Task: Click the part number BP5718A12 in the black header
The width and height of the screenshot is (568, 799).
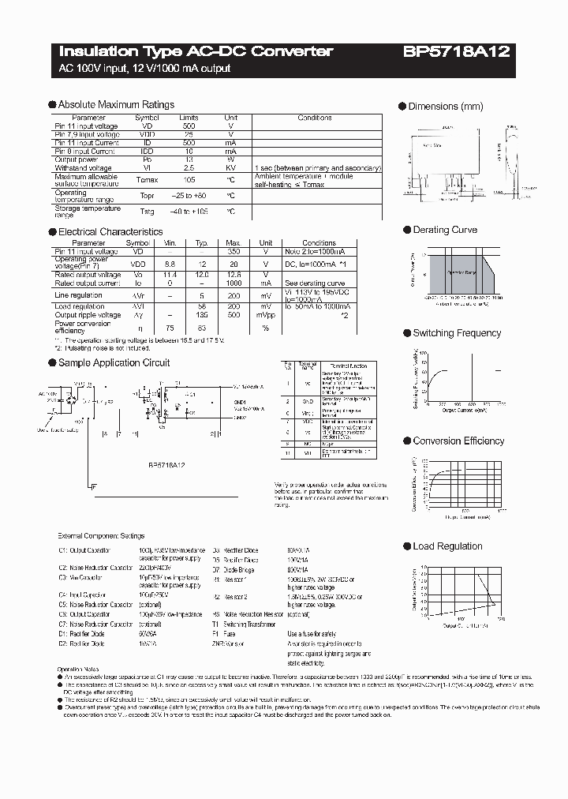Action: pyautogui.click(x=457, y=52)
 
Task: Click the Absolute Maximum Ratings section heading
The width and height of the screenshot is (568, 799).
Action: pyautogui.click(x=116, y=104)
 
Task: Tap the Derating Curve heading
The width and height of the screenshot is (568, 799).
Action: pyautogui.click(x=445, y=230)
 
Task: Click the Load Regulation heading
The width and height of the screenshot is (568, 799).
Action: pyautogui.click(x=447, y=546)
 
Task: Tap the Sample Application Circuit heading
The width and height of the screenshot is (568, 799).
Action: pyautogui.click(x=114, y=362)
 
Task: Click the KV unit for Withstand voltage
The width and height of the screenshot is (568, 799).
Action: pyautogui.click(x=231, y=168)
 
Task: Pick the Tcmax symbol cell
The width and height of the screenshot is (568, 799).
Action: pyautogui.click(x=148, y=178)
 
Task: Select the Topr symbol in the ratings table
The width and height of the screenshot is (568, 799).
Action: pyautogui.click(x=148, y=194)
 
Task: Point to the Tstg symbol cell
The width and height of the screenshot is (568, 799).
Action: pyautogui.click(x=148, y=212)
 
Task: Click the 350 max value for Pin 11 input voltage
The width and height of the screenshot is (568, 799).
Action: pyautogui.click(x=232, y=251)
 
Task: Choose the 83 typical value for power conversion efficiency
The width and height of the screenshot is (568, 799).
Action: pyautogui.click(x=202, y=328)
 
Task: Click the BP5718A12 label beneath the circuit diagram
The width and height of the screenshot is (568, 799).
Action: pyautogui.click(x=166, y=465)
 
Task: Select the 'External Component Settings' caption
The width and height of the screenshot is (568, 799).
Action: pyautogui.click(x=102, y=536)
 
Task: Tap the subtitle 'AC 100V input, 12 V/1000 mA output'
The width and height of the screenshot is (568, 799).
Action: pyautogui.click(x=145, y=69)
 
